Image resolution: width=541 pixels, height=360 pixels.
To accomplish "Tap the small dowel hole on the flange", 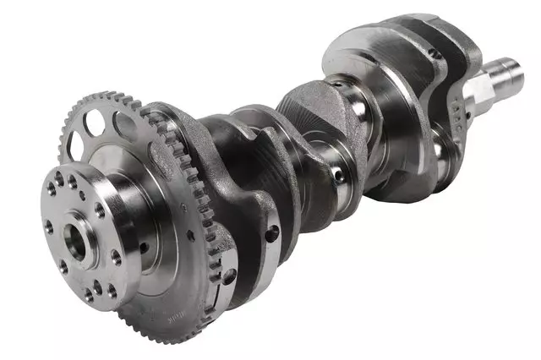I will (83, 196).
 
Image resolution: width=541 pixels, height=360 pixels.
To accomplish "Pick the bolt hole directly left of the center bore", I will (49, 226).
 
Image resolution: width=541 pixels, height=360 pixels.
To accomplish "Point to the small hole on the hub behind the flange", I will (144, 247).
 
